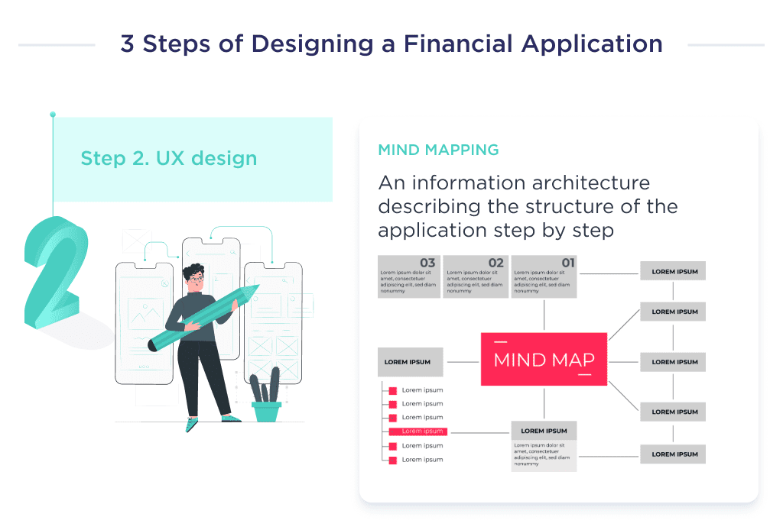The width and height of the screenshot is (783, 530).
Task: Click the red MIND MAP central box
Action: pyautogui.click(x=544, y=359)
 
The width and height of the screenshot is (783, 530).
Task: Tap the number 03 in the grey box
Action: pyautogui.click(x=427, y=263)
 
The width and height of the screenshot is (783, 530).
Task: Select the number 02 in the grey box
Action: pyautogui.click(x=495, y=263)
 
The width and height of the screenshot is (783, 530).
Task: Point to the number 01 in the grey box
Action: pyautogui.click(x=567, y=263)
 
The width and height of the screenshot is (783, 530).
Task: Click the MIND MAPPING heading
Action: pyautogui.click(x=438, y=150)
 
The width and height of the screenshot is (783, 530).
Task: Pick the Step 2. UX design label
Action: pyautogui.click(x=168, y=159)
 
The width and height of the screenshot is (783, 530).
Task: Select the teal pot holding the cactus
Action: pyautogui.click(x=266, y=412)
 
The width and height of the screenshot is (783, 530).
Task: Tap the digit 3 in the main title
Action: pyautogui.click(x=128, y=44)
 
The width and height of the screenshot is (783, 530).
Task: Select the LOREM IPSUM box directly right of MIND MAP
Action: pyautogui.click(x=673, y=362)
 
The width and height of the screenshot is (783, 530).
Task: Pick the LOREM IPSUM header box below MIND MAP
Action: pyautogui.click(x=544, y=431)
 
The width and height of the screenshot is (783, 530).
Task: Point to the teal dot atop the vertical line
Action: pyautogui.click(x=53, y=115)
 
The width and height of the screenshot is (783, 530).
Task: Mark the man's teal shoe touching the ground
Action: pyautogui.click(x=190, y=425)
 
